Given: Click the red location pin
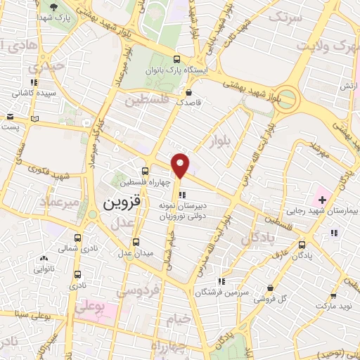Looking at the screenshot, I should click(x=181, y=165).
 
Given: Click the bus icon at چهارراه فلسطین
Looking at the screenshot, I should click(x=145, y=171).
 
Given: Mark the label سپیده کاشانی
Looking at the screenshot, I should click(x=34, y=93).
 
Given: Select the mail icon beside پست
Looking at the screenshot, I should click(x=9, y=117).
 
